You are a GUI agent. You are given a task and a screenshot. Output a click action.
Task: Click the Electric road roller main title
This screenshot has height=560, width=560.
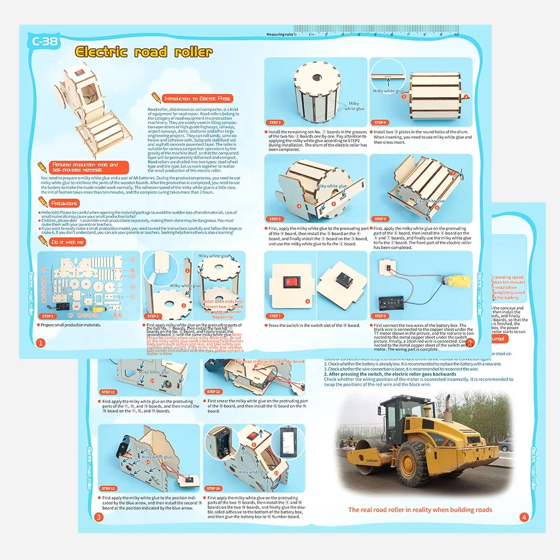(144, 52)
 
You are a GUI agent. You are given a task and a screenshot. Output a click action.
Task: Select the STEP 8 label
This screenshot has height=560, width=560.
(381, 316)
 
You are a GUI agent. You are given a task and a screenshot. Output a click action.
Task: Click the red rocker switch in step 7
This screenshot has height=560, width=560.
(291, 282)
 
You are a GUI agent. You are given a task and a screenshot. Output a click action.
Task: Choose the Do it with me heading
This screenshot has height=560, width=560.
(68, 242)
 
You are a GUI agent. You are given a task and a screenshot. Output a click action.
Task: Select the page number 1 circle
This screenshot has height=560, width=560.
(40, 342)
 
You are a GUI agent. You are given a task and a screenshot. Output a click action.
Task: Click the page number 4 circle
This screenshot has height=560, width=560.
(524, 517)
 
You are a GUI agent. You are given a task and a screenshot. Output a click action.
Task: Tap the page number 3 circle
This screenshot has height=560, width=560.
(99, 517)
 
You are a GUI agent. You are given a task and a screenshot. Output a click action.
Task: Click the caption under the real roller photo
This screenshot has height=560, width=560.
(420, 510)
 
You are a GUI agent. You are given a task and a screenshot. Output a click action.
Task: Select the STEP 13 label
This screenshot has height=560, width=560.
(108, 488)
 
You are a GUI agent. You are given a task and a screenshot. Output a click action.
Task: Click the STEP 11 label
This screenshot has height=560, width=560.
(108, 392)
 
